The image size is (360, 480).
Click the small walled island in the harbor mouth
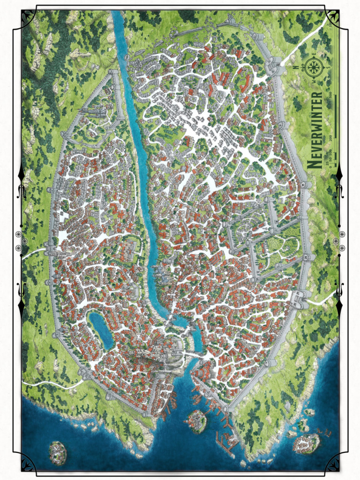(x=197, y=420)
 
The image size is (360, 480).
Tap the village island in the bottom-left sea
(x=58, y=452)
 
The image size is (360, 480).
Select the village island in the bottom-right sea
(x=307, y=442)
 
